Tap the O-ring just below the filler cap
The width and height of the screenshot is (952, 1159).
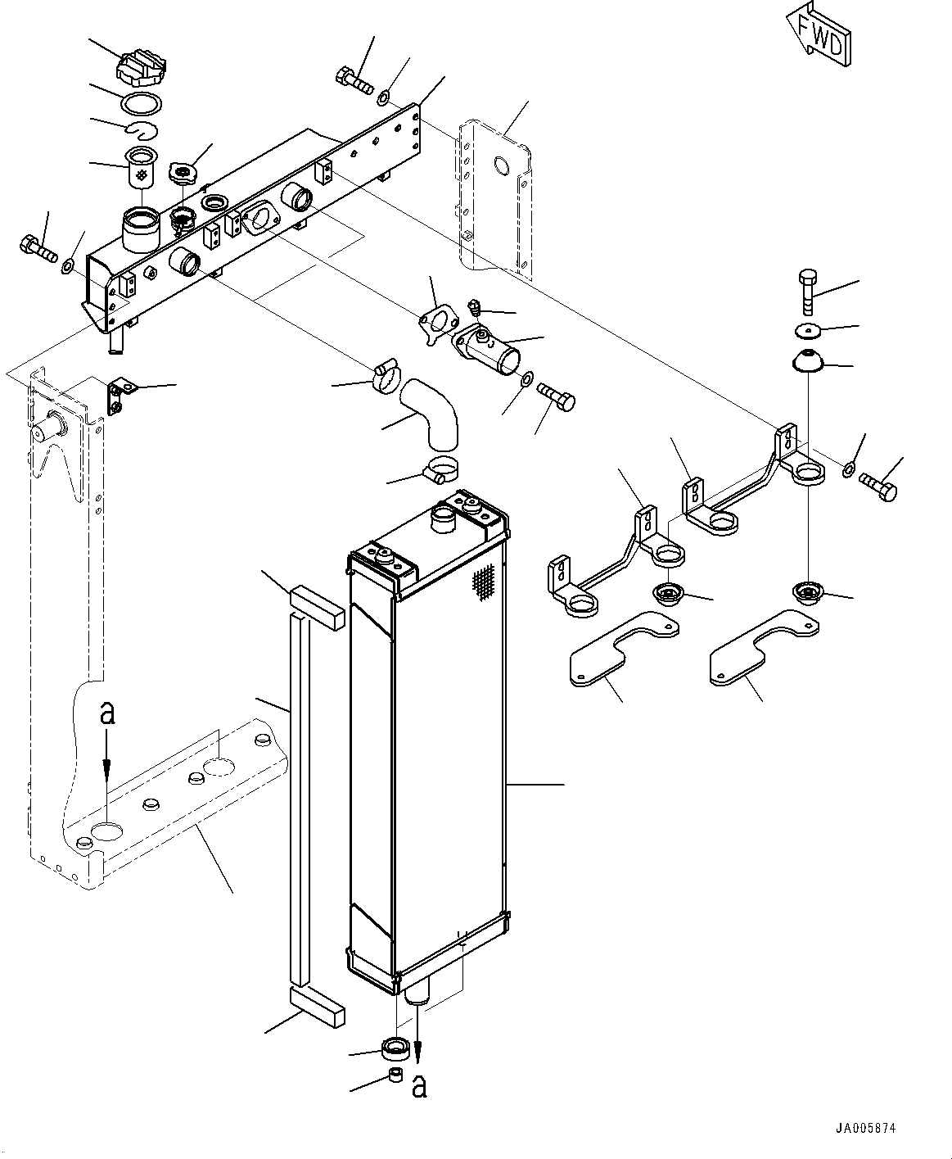[x=141, y=104]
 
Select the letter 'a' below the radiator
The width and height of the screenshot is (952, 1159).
[x=419, y=1086]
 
